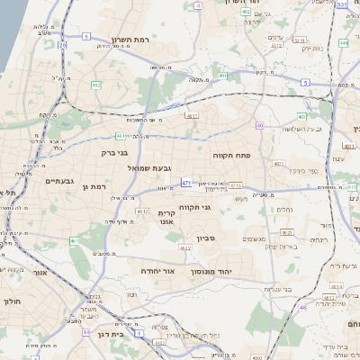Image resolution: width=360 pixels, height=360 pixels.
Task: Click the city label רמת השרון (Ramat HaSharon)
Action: (x=135, y=40)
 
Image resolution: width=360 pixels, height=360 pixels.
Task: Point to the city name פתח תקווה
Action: (x=231, y=156)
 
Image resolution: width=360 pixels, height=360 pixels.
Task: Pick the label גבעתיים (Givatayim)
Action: (x=60, y=181)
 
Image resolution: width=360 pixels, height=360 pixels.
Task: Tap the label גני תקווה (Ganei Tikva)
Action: (x=194, y=207)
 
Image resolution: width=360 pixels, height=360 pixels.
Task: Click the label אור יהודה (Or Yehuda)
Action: (x=157, y=270)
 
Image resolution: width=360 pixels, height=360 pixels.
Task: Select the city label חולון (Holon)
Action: (x=12, y=301)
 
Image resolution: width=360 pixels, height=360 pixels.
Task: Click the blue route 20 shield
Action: (x=62, y=43)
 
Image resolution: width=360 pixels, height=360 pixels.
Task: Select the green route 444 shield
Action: (x=344, y=42)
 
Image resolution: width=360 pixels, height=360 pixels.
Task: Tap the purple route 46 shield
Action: (x=303, y=308)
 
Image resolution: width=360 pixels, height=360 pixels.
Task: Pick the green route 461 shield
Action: (x=76, y=241)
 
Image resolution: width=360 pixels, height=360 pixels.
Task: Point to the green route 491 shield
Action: (x=222, y=76)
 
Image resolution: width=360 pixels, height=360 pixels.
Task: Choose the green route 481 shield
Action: (x=191, y=116)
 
